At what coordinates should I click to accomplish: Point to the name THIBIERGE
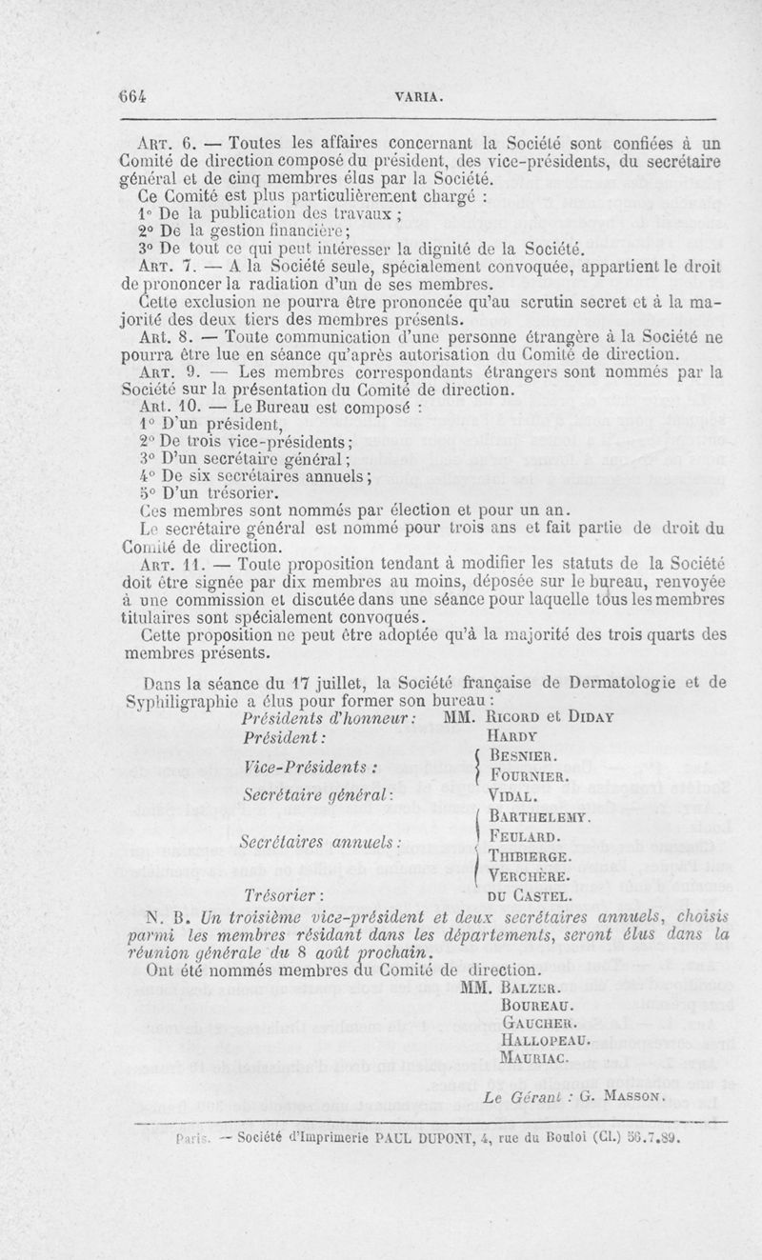[x=529, y=855]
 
